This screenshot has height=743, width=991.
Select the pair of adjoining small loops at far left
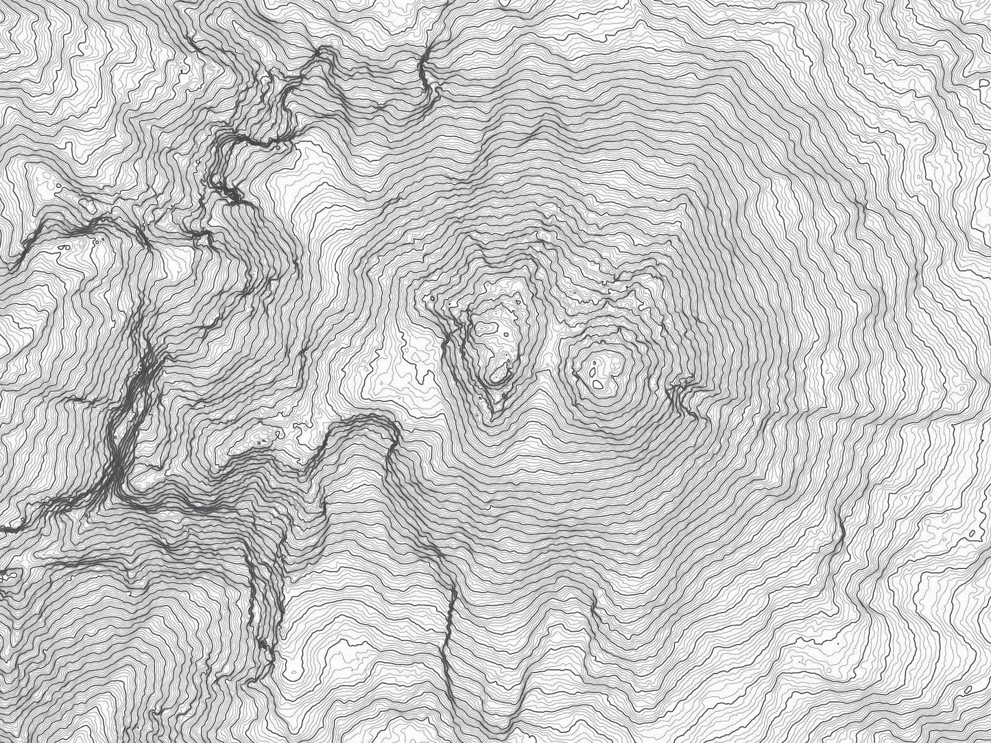[x=65, y=244]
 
